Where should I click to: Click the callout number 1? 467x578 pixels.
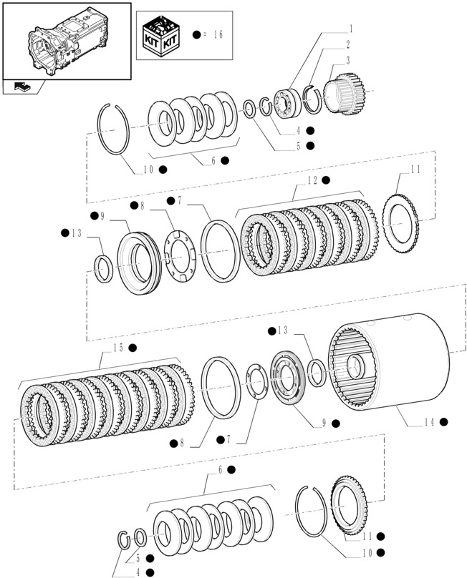tap(352, 29)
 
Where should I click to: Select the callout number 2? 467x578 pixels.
tap(347, 45)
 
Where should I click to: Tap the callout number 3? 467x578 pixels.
tap(347, 61)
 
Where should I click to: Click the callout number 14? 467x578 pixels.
tap(427, 423)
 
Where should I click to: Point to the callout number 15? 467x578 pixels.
tap(117, 348)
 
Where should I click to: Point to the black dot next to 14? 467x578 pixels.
tap(444, 423)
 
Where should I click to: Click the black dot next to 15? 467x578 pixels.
tap(133, 348)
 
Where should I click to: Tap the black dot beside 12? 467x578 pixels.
tap(326, 180)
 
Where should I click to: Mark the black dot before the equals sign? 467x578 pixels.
tap(197, 34)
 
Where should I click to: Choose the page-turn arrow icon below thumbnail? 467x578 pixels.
tap(22, 87)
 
